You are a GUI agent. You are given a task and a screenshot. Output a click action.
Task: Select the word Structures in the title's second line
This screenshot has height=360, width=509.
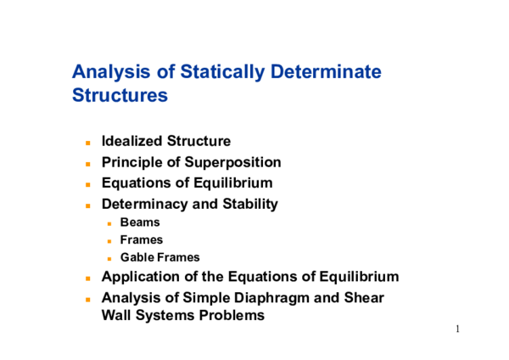coord(120,95)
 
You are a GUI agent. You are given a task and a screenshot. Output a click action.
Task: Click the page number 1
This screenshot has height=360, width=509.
coord(457,329)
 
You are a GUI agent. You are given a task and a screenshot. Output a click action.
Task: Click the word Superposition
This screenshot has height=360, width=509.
coord(237,162)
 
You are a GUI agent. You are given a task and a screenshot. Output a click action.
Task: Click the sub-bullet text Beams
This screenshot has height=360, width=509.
coord(140,222)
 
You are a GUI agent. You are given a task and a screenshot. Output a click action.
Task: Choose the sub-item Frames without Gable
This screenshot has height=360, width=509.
coord(142,240)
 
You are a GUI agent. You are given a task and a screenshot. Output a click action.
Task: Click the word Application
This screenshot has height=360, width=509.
coord(138,277)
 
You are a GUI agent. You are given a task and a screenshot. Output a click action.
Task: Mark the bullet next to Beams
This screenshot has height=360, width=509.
coord(109,223)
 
